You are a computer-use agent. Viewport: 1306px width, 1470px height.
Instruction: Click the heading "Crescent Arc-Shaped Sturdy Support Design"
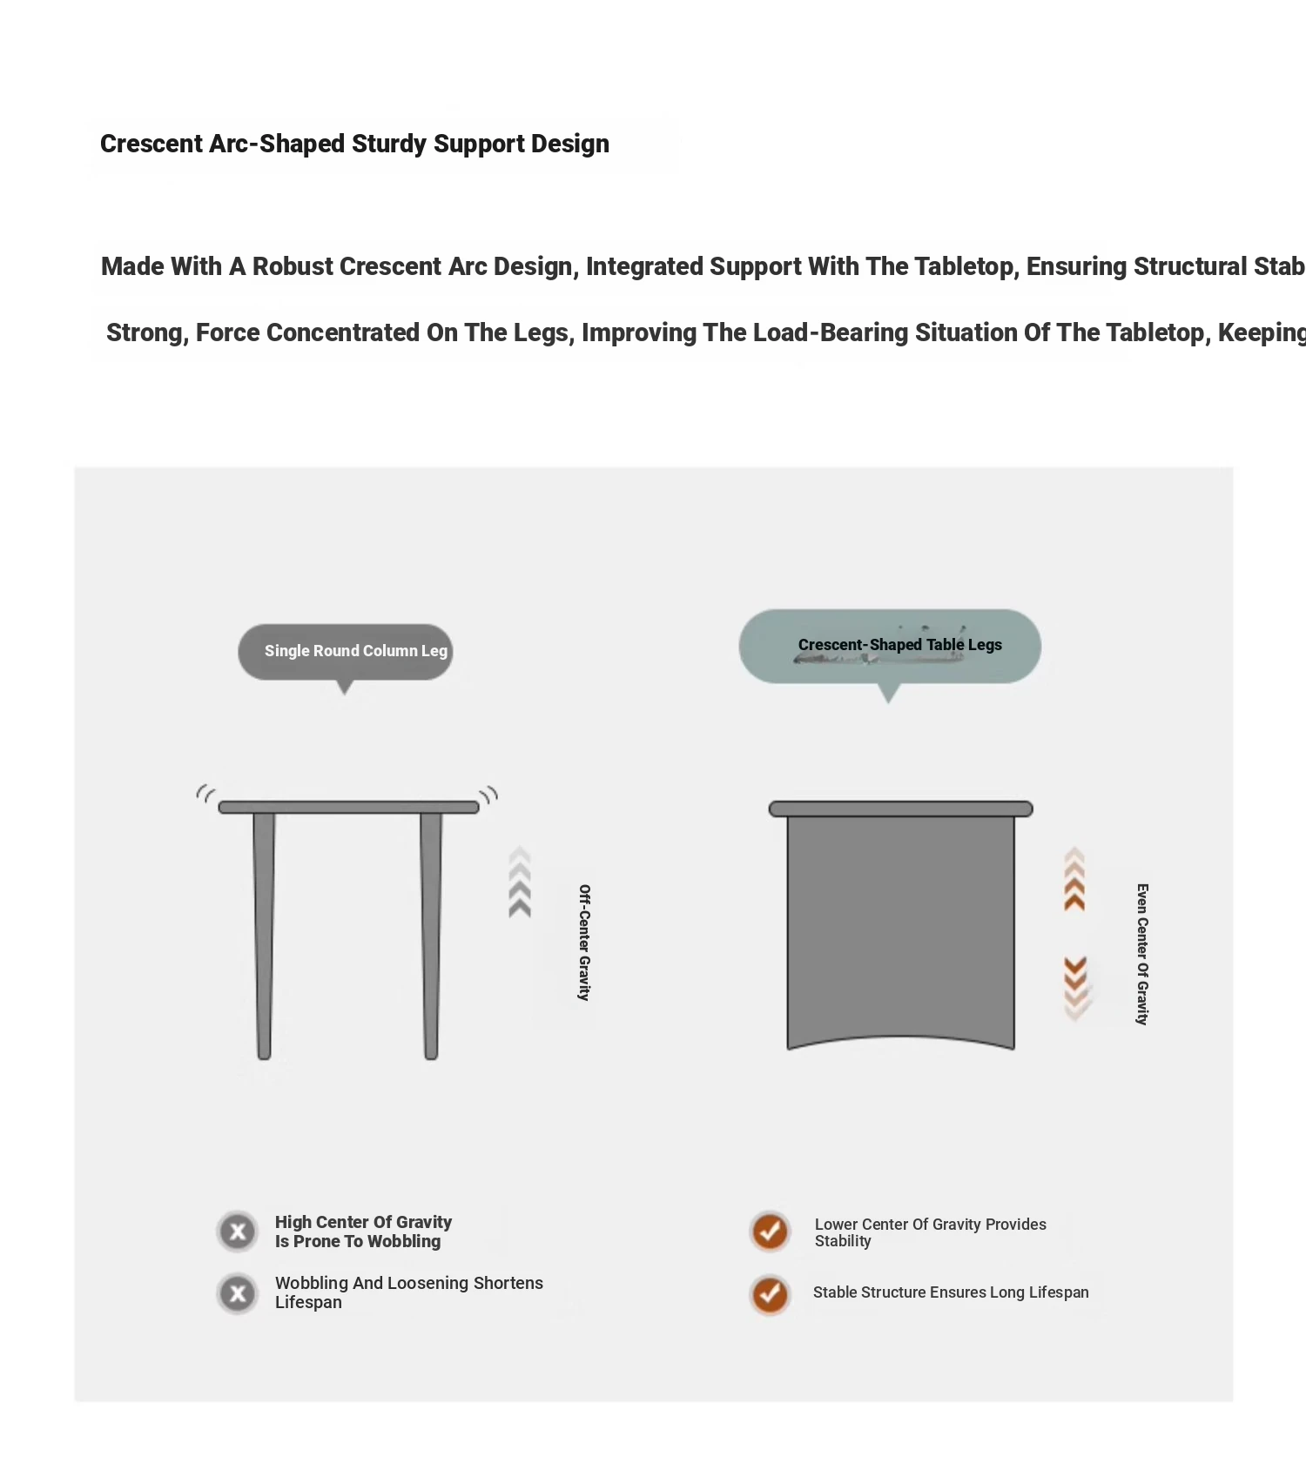pos(354,144)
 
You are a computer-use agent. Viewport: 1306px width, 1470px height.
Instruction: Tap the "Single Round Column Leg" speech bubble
pos(346,651)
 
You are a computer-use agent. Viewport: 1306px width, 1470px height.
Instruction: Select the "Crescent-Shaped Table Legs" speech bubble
pos(890,646)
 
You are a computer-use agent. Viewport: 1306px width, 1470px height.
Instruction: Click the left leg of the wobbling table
pos(264,936)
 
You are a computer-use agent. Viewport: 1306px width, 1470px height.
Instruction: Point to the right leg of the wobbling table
pos(430,936)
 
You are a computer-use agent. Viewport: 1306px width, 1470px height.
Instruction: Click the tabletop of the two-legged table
pos(348,808)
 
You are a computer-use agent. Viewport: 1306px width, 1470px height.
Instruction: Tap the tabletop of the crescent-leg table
pos(900,809)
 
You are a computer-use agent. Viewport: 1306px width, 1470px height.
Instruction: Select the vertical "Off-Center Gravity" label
pos(584,943)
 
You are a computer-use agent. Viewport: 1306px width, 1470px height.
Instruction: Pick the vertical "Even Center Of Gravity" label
pos(1142,954)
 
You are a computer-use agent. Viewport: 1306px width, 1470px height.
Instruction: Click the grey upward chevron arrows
pos(520,883)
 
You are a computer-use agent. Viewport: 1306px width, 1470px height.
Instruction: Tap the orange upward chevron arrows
pos(1074,880)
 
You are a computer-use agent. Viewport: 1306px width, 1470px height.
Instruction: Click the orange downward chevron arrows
pos(1076,987)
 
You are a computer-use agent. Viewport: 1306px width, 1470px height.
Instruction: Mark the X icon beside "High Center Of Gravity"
pos(238,1232)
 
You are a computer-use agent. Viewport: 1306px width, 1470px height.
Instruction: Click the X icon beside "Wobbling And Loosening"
pos(238,1293)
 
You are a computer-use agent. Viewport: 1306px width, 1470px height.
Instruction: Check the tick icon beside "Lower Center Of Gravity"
pos(770,1232)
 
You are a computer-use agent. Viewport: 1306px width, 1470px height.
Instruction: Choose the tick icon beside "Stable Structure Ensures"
pos(770,1294)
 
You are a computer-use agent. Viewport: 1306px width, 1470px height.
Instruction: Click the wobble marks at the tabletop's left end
pos(205,793)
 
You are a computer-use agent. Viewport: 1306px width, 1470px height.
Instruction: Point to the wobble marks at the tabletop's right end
pos(489,795)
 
